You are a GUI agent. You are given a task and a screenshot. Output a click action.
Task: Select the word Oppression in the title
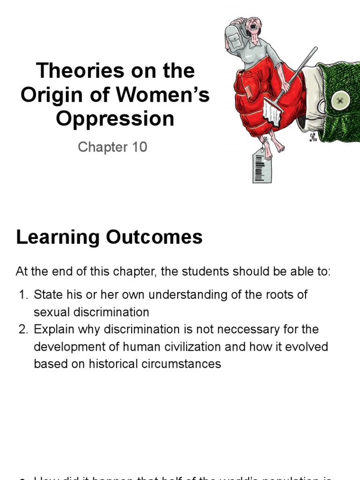click(x=115, y=119)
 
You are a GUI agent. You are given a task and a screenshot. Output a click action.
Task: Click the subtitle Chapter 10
click(x=112, y=147)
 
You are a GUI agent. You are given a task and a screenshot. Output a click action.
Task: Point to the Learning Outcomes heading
click(x=109, y=237)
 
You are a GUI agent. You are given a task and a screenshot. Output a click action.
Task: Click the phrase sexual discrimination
click(x=91, y=312)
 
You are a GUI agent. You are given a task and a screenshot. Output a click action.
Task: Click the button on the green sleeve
click(x=338, y=100)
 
